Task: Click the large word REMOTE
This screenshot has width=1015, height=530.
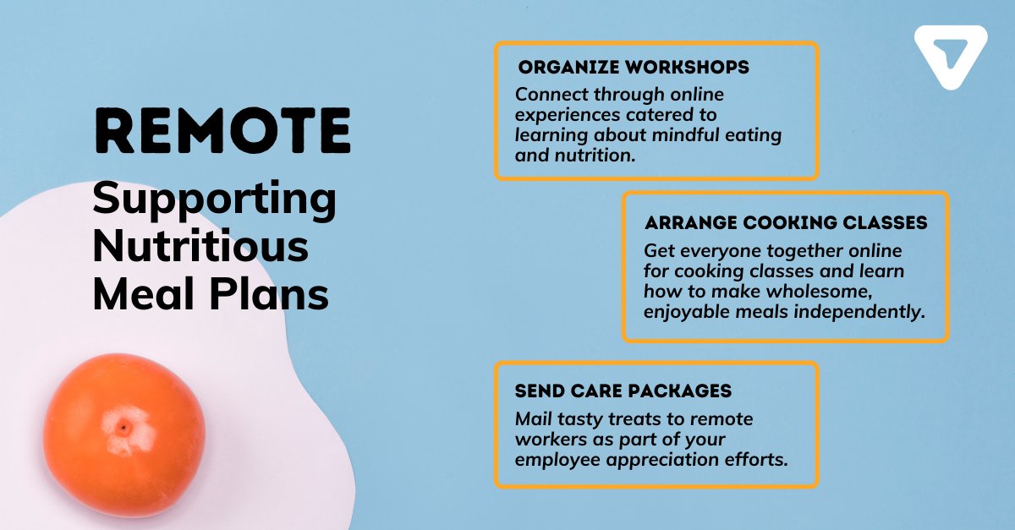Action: coord(222,130)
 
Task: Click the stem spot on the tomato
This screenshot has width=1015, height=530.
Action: coord(123,428)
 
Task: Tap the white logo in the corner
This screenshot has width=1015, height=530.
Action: coord(951,57)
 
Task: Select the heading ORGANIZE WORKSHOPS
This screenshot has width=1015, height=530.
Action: coord(634,68)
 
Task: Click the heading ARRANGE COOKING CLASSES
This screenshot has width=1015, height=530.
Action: coord(786,223)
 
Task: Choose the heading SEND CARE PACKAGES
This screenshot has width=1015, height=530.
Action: coord(623,391)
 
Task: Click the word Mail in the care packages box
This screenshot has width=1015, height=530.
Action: coord(532,419)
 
